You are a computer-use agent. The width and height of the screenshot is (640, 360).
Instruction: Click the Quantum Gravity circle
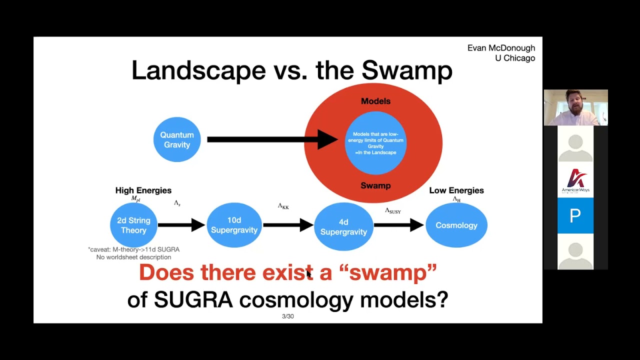coord(177,139)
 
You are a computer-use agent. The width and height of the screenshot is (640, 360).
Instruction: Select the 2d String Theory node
coord(133,225)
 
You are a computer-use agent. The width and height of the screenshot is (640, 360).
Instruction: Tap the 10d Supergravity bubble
coord(234,225)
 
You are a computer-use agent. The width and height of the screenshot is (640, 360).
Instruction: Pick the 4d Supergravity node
coord(343,226)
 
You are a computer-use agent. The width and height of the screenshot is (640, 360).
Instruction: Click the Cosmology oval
coord(456,225)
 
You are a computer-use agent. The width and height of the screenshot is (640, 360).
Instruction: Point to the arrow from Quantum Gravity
coord(272,139)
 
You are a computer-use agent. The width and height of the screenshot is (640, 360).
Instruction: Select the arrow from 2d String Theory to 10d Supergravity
coord(181,225)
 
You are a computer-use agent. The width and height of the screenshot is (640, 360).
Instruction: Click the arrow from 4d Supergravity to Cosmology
coord(399,225)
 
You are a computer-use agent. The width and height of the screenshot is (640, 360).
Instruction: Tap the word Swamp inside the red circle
coord(375,185)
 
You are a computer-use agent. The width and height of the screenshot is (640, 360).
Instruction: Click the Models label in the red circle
coord(375,101)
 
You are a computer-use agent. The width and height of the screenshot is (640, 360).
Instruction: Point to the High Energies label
coord(143,190)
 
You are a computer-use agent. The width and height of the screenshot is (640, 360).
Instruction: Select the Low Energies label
coord(456,190)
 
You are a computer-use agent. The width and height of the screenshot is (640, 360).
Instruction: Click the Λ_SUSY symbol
coord(393,211)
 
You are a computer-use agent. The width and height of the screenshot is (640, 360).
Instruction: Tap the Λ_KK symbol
coord(283,206)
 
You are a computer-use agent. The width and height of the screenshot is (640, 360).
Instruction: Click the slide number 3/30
coord(287,316)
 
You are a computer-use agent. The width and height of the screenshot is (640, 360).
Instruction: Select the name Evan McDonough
coord(501,48)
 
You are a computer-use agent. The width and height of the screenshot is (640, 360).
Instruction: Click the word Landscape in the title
coord(198,70)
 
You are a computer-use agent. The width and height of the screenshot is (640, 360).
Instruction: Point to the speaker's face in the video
coord(573,103)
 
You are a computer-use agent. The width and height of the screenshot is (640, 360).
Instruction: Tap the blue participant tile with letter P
coord(575,215)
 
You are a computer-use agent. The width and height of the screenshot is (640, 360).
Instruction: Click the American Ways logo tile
coord(575,179)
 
